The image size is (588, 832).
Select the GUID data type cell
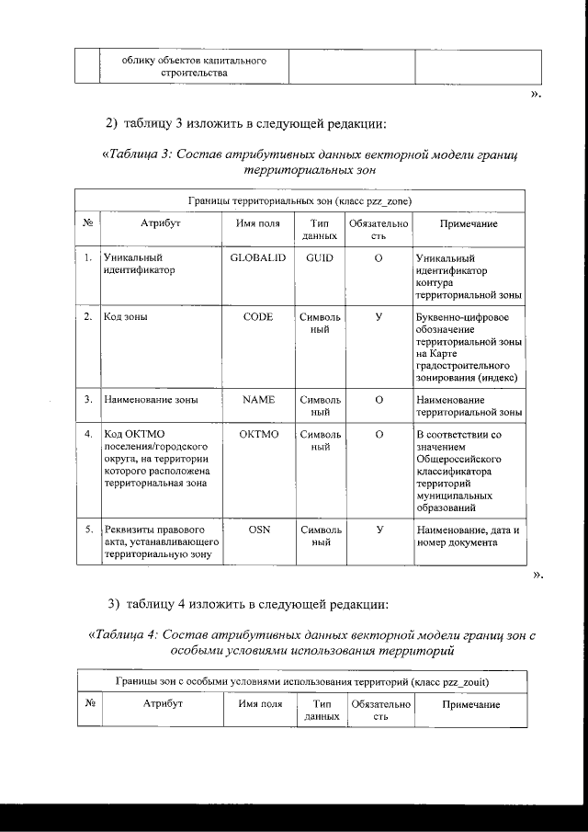[320, 258]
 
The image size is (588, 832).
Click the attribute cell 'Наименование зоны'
[152, 400]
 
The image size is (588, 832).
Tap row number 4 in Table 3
[86, 434]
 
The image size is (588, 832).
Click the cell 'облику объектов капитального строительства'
[194, 66]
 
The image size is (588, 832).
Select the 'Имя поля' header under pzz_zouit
[259, 704]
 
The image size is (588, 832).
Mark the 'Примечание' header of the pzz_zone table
[469, 223]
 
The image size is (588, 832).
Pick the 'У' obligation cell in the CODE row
[379, 317]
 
